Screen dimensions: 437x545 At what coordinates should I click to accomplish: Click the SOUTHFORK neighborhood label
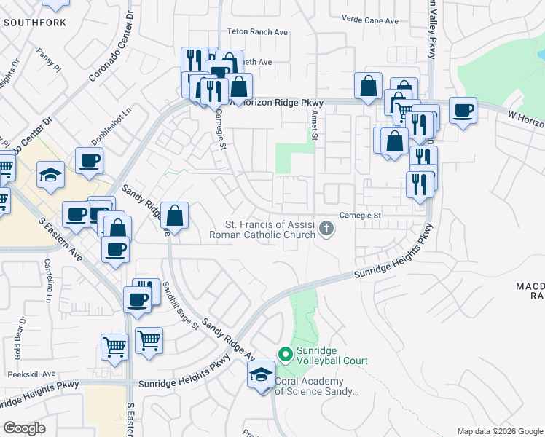34,23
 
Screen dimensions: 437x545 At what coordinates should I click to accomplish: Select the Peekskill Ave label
32,374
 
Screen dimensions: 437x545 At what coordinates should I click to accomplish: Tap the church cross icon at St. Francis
326,230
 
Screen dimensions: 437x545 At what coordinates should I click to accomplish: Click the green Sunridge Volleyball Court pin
285,355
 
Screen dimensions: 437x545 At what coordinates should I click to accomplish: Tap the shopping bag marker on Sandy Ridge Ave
175,216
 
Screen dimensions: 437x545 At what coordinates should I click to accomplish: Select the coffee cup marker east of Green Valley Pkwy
463,111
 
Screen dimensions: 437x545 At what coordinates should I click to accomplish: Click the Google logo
25,428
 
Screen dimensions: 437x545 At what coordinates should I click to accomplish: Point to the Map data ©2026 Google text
499,431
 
